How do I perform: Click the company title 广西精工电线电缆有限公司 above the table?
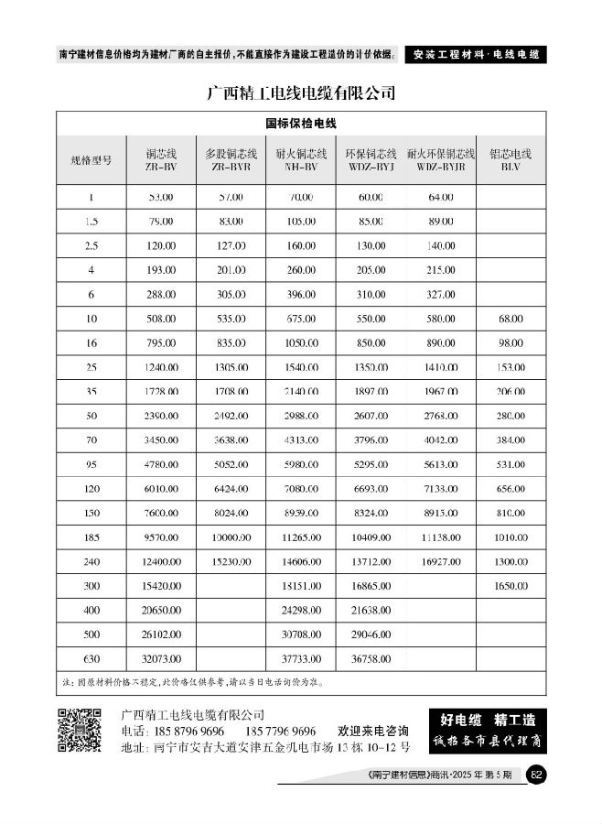[x=301, y=92]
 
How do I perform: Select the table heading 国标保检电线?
[x=301, y=124]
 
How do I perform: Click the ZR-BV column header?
[x=160, y=160]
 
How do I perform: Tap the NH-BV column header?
[x=300, y=160]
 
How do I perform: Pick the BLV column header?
[x=511, y=160]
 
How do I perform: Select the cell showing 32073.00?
[x=160, y=660]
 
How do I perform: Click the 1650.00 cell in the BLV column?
[x=511, y=583]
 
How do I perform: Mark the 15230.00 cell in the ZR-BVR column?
[x=231, y=559]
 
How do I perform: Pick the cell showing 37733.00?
[x=300, y=660]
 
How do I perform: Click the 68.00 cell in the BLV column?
[x=511, y=319]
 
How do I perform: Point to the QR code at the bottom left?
[x=80, y=731]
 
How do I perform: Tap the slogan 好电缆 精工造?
[x=488, y=719]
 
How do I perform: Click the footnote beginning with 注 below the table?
[x=192, y=682]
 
